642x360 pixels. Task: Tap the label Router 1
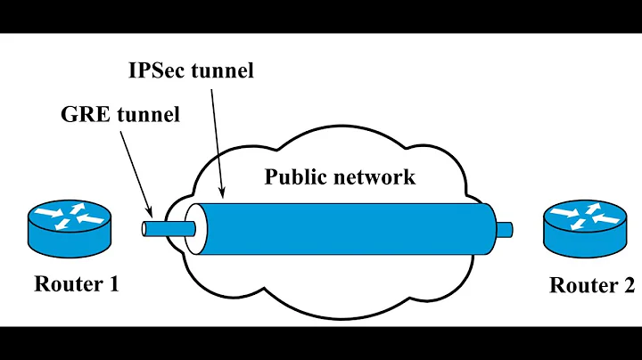pyautogui.click(x=76, y=284)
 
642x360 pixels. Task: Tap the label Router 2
pyautogui.click(x=591, y=285)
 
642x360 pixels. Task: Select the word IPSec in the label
pyautogui.click(x=157, y=70)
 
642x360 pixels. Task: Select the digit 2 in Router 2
pyautogui.click(x=629, y=285)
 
